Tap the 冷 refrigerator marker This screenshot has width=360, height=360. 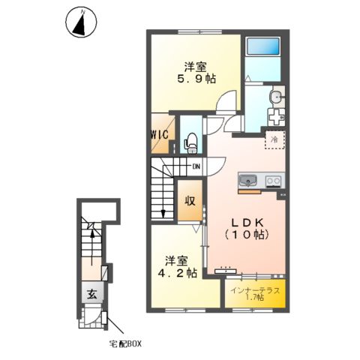point(275,139)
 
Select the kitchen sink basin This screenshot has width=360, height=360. point(248,181)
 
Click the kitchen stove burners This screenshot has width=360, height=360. point(272,180)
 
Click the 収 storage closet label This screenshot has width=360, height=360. point(191,201)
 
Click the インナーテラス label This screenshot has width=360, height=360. point(254,289)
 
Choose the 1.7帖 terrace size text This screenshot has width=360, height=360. point(254,298)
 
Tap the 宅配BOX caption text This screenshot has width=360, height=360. point(123,344)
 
